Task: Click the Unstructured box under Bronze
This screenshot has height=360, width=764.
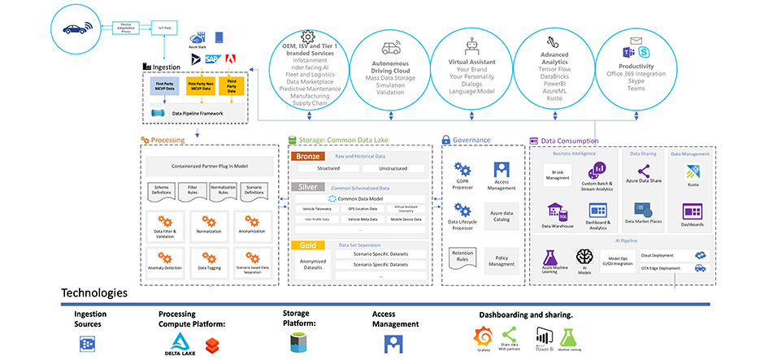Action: click(x=393, y=168)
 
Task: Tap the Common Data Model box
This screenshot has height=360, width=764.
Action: click(x=360, y=198)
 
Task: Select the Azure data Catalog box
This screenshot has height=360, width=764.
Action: click(x=501, y=215)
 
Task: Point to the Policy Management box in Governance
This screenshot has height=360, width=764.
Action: click(x=501, y=261)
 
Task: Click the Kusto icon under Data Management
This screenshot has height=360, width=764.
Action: click(x=692, y=172)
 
